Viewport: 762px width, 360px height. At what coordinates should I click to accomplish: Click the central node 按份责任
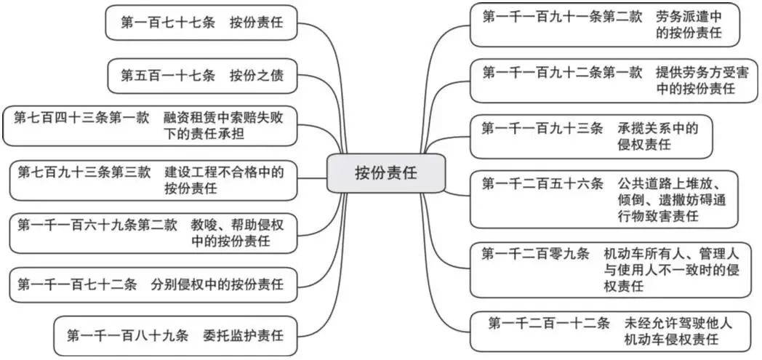tap(385, 173)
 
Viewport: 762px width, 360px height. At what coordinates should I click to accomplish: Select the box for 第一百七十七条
tap(201, 23)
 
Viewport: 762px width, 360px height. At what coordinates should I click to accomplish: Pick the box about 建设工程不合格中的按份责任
tap(157, 180)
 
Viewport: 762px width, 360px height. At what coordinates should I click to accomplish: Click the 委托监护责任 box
tap(175, 336)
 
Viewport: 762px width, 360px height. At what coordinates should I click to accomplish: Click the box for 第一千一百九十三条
tap(590, 136)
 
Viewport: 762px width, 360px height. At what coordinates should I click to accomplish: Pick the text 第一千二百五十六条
tap(542, 183)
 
